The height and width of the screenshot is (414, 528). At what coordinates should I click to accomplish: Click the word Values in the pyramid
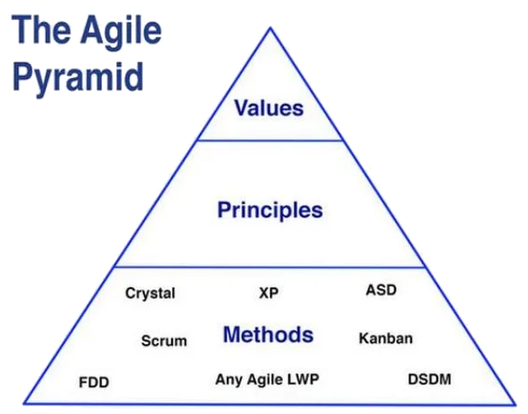coord(269,108)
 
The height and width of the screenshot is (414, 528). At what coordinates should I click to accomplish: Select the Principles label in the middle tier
coord(270,210)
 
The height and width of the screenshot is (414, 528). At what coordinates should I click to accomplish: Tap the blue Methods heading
coord(269,335)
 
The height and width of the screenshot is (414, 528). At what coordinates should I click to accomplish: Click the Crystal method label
coord(150,293)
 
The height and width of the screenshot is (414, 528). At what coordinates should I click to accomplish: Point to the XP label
coord(269,293)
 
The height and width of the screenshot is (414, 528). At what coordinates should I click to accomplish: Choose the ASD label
coord(381,290)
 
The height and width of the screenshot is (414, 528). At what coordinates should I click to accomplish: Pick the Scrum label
coord(164,341)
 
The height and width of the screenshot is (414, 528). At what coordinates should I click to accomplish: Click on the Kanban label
coord(386,338)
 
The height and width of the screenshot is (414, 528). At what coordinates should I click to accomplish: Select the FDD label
coord(94,383)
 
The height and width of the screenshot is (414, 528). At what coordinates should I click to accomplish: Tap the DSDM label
coord(429,379)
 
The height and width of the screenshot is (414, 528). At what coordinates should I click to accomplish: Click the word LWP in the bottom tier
coord(303,379)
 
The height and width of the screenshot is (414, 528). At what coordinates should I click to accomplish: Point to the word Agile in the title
coord(121,31)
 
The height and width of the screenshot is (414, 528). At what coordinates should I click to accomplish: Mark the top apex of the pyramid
coord(271,28)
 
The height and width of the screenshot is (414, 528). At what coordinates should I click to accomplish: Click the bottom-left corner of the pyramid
coord(24,403)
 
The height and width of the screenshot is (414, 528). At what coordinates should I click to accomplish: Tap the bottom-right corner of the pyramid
coord(515,404)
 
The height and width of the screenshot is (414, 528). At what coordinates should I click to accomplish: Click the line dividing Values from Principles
coord(270,141)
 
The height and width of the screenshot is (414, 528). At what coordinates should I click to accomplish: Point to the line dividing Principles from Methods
coord(270,267)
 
